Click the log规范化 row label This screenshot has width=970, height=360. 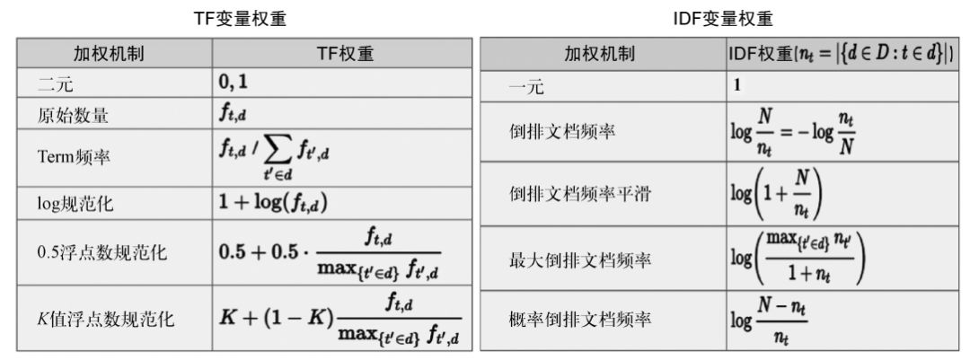pyautogui.click(x=66, y=203)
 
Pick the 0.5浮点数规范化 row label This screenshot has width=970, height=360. pyautogui.click(x=93, y=253)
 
